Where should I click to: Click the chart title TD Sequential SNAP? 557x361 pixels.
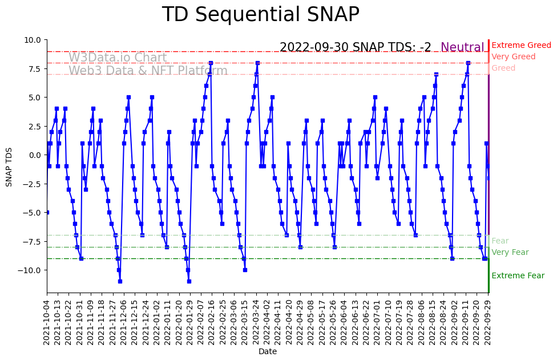(x=260, y=15)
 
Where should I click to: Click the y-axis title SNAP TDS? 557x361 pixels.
(x=9, y=166)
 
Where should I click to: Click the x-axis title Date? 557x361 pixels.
(x=268, y=352)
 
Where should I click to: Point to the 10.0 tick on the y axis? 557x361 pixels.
(x=33, y=40)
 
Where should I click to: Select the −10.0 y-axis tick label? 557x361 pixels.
(x=30, y=270)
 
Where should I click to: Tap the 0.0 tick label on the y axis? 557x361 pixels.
(x=35, y=155)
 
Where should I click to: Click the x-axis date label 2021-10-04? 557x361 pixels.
(x=47, y=321)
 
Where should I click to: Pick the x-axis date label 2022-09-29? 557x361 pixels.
(x=488, y=321)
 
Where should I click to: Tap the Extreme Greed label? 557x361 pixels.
(x=521, y=46)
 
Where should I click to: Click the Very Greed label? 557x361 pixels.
(x=513, y=57)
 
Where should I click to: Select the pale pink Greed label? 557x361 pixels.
(x=503, y=68)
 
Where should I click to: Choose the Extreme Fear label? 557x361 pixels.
(x=518, y=276)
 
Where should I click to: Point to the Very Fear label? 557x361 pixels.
(x=510, y=253)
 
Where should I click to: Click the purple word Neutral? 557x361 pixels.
(x=462, y=48)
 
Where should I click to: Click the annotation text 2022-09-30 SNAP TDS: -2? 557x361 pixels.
(x=355, y=48)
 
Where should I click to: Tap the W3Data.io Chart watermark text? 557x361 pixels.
(x=118, y=58)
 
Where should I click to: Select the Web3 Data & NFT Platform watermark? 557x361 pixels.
(x=148, y=71)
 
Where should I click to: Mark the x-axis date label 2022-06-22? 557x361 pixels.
(x=366, y=321)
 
